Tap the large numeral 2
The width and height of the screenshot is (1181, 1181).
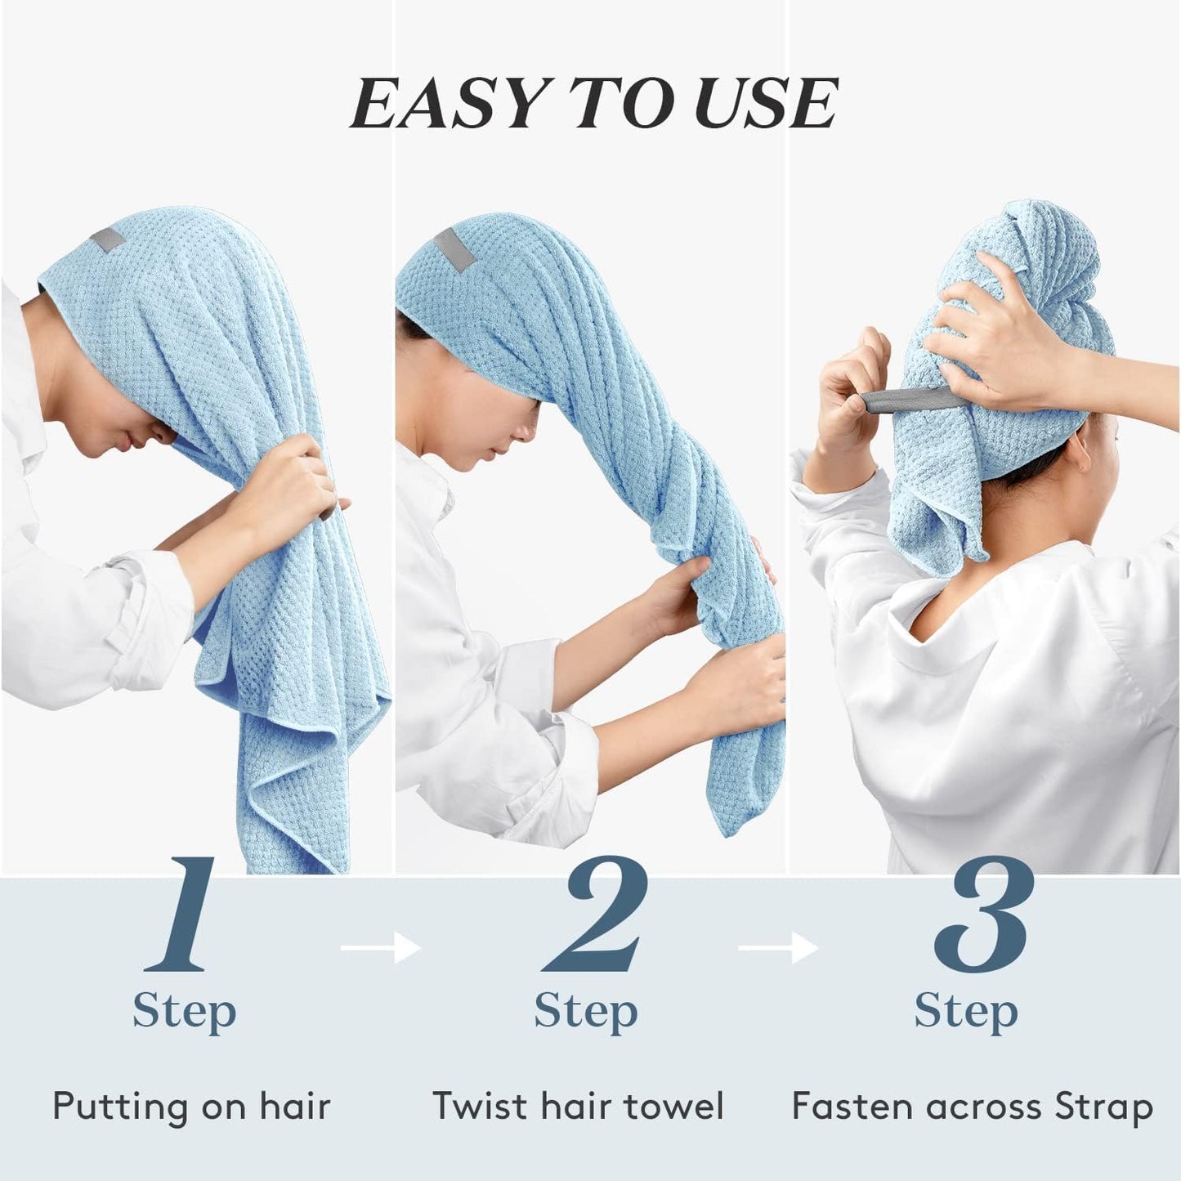[x=596, y=914]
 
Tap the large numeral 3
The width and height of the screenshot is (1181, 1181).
[x=983, y=914]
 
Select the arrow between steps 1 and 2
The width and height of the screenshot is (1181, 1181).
[x=380, y=948]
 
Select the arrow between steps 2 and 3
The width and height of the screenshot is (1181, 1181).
[x=777, y=948]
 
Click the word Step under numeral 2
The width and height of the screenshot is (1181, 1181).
[x=585, y=1012]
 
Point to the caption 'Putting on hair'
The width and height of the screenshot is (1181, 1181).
[x=191, y=1107]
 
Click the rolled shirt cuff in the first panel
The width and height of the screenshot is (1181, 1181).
[x=147, y=605]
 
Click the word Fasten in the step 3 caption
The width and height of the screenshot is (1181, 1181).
[x=852, y=1107]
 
